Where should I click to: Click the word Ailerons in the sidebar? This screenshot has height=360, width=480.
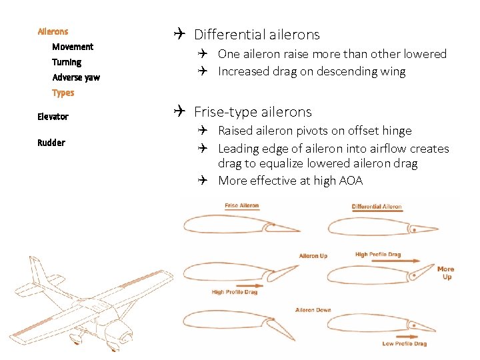[53, 31]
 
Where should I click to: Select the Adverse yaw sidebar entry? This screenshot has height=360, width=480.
[76, 77]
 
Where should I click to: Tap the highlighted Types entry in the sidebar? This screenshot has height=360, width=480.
[63, 93]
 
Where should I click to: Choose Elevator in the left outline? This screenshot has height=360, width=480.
[53, 117]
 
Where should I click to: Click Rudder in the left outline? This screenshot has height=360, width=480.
[51, 143]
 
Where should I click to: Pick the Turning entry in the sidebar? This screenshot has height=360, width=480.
[67, 62]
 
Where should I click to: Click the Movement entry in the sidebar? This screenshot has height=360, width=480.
[73, 47]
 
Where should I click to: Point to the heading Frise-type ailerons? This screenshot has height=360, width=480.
[253, 111]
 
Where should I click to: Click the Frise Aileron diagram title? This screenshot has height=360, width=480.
[241, 205]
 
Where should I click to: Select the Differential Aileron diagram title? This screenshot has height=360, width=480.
[377, 207]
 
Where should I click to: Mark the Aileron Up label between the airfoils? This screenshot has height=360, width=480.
[313, 256]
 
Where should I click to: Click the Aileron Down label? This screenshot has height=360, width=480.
[313, 310]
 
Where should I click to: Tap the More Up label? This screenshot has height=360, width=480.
[446, 273]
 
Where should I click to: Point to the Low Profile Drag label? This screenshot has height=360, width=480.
[405, 343]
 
